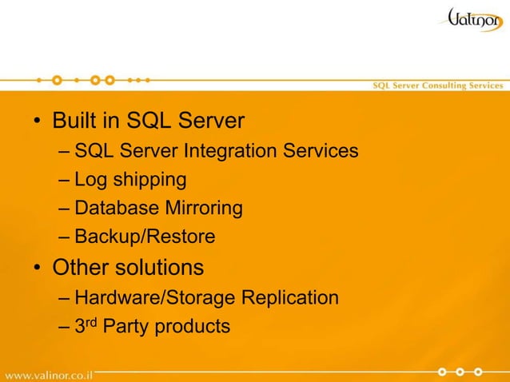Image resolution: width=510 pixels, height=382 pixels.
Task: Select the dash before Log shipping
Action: tap(64, 180)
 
